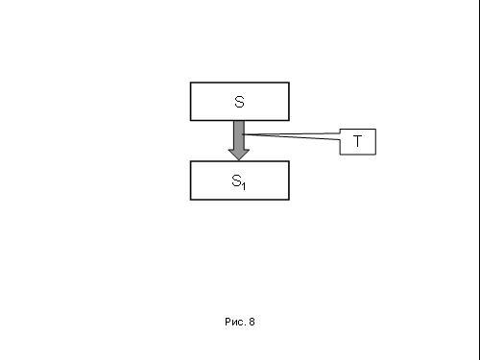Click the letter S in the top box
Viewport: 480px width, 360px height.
239,102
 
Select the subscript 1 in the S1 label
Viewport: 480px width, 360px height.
243,186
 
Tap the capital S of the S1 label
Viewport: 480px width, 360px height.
236,180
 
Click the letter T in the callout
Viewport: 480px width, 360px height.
357,141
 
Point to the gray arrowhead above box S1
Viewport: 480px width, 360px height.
239,155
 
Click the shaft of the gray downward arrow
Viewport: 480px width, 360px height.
239,134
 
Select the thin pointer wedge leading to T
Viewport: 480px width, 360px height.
291,136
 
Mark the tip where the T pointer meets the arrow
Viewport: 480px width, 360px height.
243,134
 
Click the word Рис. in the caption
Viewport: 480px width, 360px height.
234,322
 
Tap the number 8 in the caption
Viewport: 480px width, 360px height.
252,322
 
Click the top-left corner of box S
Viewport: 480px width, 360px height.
190,83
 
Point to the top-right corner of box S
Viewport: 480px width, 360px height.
289,83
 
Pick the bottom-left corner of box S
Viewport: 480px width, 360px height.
190,120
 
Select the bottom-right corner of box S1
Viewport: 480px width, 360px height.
289,200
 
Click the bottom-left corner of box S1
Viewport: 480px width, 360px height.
190,200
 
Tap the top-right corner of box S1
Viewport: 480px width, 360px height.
289,161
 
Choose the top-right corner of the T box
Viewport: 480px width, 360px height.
375,130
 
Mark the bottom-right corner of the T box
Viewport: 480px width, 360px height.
375,155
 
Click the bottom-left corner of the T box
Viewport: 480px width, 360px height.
340,155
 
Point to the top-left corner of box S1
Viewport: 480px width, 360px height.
190,161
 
